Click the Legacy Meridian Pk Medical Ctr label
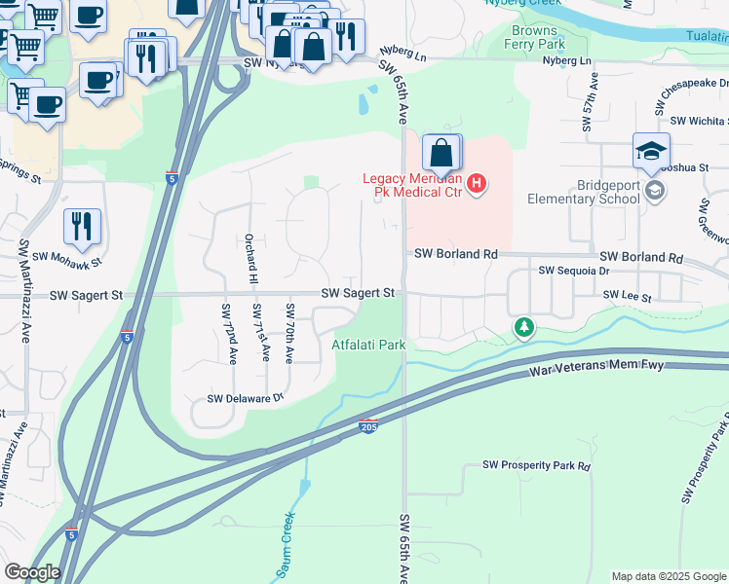click(x=413, y=185)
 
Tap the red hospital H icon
click(x=477, y=183)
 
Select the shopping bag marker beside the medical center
click(x=441, y=154)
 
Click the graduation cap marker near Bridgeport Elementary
click(x=651, y=152)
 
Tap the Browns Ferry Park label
click(x=537, y=38)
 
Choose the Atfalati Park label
click(x=368, y=345)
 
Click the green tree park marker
click(x=524, y=327)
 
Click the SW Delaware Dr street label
click(x=245, y=398)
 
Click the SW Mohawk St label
click(x=67, y=258)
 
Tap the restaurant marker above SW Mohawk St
click(x=83, y=226)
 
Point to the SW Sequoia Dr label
click(x=573, y=271)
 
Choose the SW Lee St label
click(x=625, y=293)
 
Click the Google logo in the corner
click(x=32, y=573)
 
